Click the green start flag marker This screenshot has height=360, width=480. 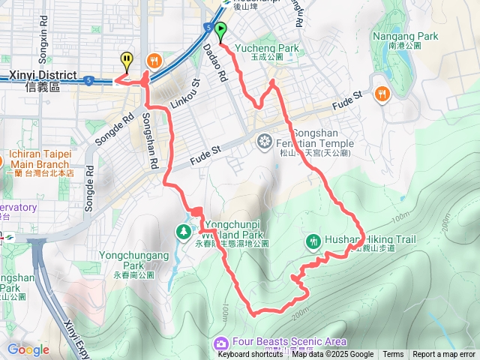click(x=220, y=31)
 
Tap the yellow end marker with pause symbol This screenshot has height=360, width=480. click(x=127, y=60)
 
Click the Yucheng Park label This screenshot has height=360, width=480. click(x=267, y=49)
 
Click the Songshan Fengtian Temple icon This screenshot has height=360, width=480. click(x=265, y=140)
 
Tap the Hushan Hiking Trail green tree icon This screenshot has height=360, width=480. click(x=313, y=241)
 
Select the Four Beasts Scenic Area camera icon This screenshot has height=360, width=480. click(x=220, y=343)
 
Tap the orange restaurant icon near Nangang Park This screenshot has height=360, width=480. click(x=382, y=93)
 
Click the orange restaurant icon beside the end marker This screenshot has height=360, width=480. click(x=154, y=60)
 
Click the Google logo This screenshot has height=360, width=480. click(x=28, y=349)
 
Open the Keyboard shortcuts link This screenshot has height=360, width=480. click(x=250, y=355)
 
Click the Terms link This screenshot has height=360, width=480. click(x=393, y=355)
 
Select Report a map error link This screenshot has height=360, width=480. click(x=444, y=355)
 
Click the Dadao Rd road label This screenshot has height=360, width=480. click(x=214, y=63)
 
